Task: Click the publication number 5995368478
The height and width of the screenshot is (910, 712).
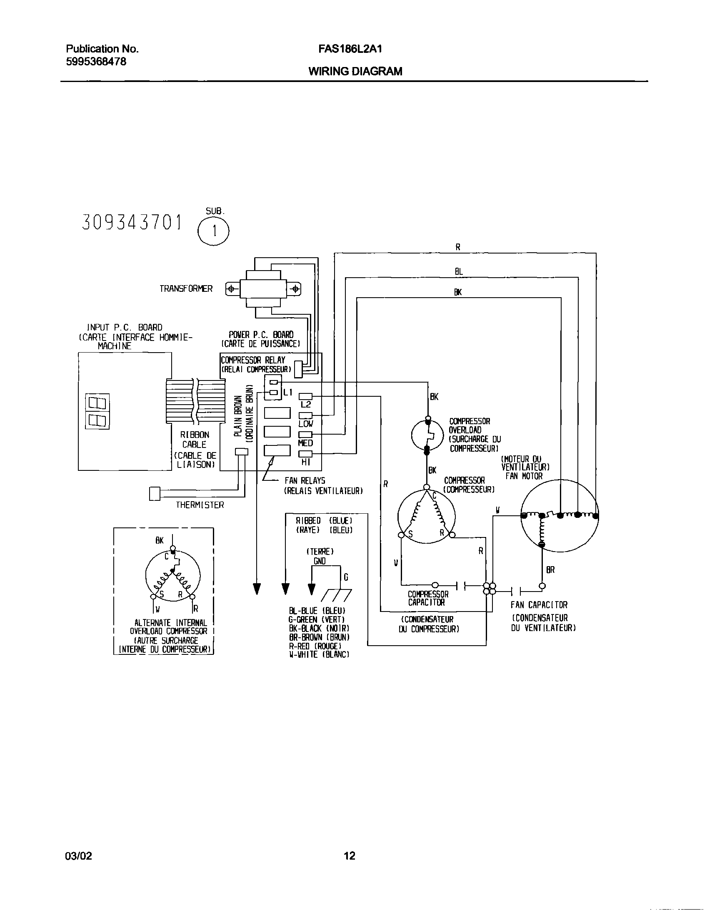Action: pyautogui.click(x=96, y=62)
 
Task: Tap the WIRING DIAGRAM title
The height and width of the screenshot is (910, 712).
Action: pyautogui.click(x=355, y=72)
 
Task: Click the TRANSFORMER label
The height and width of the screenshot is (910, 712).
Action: pyautogui.click(x=186, y=289)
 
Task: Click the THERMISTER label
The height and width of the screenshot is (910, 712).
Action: pyautogui.click(x=200, y=505)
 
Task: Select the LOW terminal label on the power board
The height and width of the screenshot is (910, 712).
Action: pyautogui.click(x=306, y=424)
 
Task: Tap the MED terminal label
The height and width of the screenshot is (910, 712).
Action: pyautogui.click(x=306, y=443)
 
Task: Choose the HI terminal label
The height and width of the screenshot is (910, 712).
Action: pyautogui.click(x=306, y=462)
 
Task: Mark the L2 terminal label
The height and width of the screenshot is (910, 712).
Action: pyautogui.click(x=306, y=404)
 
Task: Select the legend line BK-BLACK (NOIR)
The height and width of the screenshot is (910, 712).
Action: pyautogui.click(x=319, y=628)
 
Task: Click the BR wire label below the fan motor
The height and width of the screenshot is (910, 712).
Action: pyautogui.click(x=551, y=570)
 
